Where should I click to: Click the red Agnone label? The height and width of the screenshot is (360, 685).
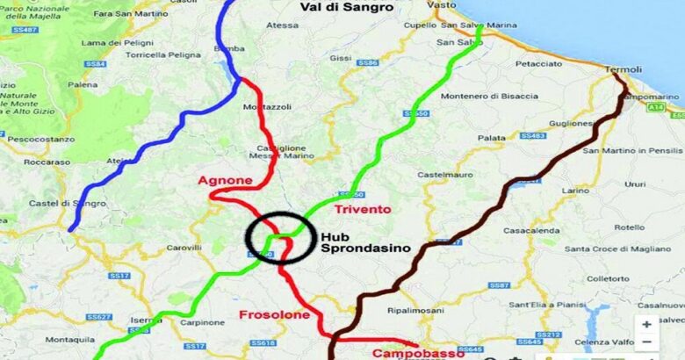point(225,181)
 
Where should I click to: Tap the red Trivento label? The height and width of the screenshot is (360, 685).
point(362,209)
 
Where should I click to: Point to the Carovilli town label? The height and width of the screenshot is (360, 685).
point(184,248)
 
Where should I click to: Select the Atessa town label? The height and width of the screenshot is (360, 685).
point(283,25)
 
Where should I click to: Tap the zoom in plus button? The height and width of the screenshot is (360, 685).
point(647,324)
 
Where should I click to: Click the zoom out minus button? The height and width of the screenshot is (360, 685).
point(647,342)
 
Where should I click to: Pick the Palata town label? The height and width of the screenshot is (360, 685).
point(492,138)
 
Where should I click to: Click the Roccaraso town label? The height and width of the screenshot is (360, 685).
point(47,162)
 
